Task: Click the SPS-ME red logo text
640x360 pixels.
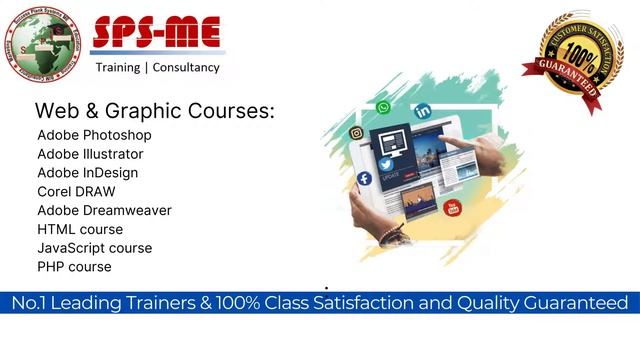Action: [158, 32]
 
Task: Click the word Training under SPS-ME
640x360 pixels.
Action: [118, 68]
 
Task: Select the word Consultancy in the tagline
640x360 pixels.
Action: [185, 68]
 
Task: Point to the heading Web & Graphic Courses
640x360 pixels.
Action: [154, 110]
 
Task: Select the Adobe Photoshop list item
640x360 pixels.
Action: [94, 135]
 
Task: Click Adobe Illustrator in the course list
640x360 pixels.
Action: [90, 154]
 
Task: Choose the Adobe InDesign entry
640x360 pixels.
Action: [88, 173]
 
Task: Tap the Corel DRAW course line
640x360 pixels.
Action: [76, 191]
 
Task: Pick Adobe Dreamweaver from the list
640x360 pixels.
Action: [104, 210]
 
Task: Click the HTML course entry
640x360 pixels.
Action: [80, 229]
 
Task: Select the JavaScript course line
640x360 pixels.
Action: [95, 248]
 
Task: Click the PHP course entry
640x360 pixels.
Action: [74, 267]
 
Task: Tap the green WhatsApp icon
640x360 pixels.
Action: [384, 108]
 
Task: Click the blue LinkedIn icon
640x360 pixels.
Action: [423, 112]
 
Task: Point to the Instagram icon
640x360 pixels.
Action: [356, 133]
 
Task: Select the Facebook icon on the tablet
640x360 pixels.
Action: [364, 179]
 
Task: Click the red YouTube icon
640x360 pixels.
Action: [453, 208]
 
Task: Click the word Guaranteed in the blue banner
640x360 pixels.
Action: [570, 302]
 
